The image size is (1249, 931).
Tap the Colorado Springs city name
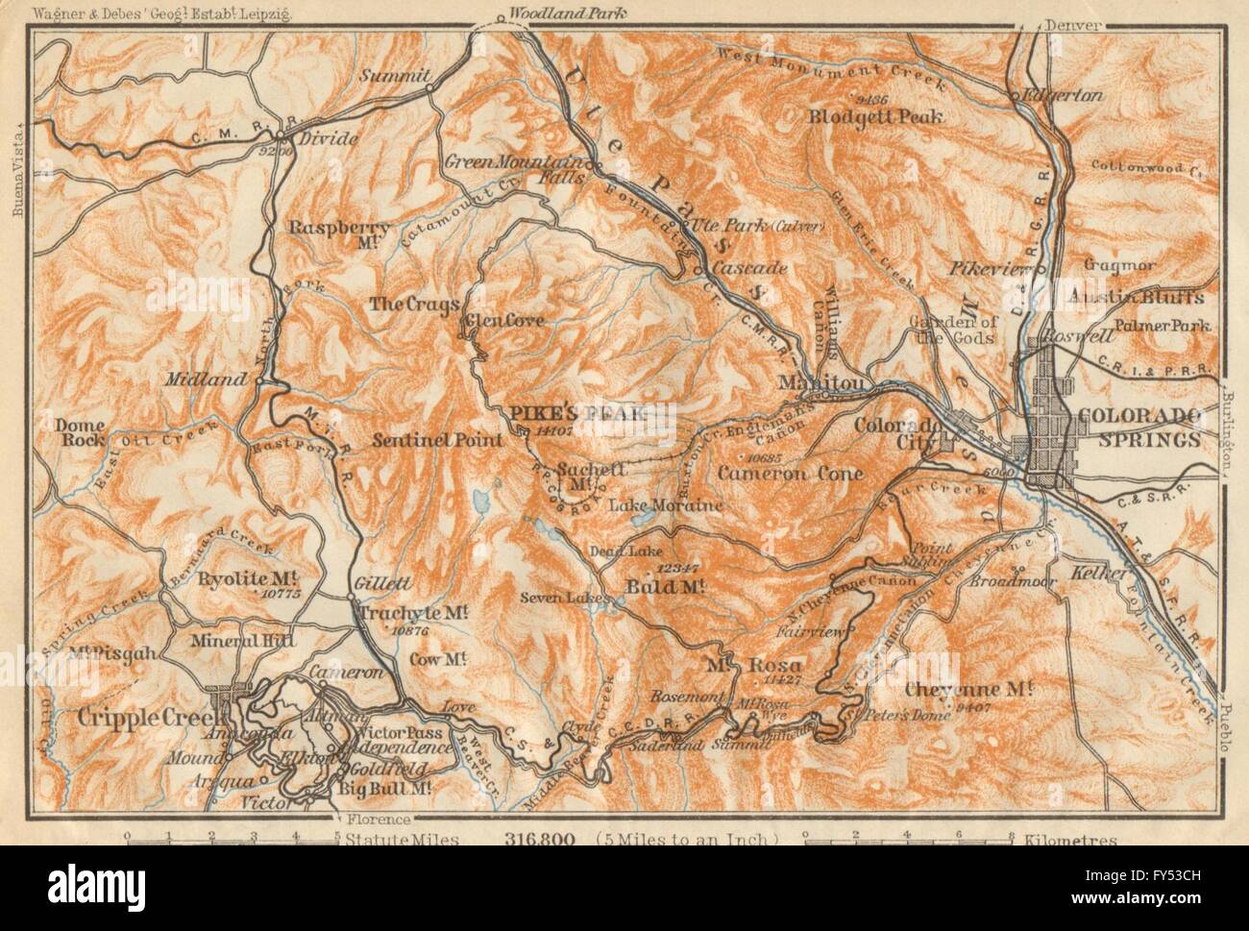(x=1139, y=428)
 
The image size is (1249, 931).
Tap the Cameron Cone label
(x=789, y=473)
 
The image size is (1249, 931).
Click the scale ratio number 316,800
(x=539, y=839)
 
